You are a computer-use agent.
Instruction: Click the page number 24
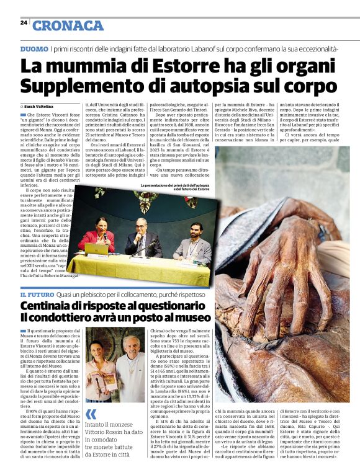click(x=24, y=22)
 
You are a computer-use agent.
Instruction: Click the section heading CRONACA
click(x=68, y=25)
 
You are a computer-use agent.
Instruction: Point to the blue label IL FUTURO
click(x=36, y=294)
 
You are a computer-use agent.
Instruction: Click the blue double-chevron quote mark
click(x=91, y=414)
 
